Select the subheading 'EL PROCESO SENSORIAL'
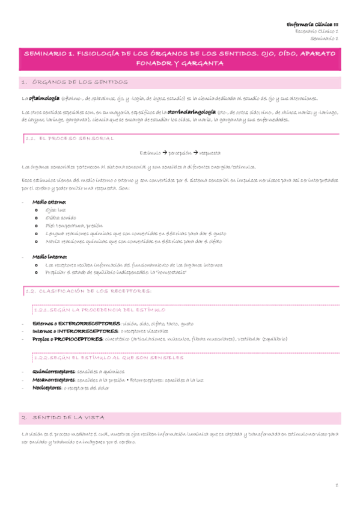[76, 138]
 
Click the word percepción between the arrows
[180, 153]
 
